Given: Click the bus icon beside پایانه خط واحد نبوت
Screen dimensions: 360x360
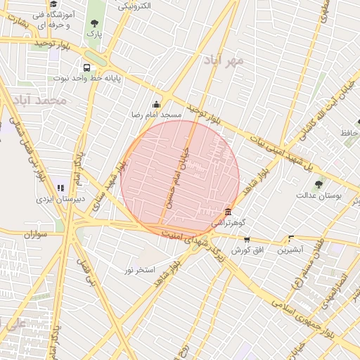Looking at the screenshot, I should [x=86, y=68].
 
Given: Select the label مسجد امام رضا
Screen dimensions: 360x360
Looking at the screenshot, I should [x=156, y=114].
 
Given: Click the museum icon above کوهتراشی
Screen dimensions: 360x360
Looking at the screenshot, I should [x=228, y=212].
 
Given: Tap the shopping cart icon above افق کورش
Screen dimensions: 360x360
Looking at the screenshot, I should [x=246, y=240].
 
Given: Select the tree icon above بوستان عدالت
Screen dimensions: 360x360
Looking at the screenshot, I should [x=319, y=185].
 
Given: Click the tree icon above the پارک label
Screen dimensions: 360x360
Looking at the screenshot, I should [x=94, y=22].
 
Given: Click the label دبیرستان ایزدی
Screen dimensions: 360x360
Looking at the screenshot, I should [x=61, y=199].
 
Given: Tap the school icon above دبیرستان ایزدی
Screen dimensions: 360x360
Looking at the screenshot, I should [x=61, y=188].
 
